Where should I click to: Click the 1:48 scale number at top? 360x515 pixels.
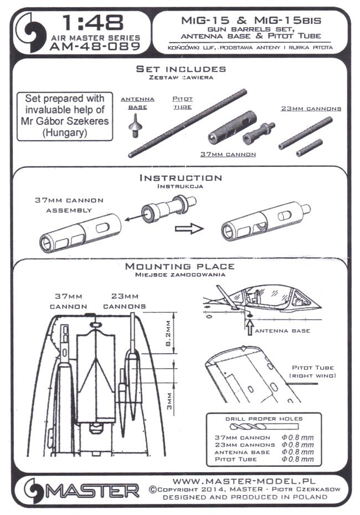[93, 23]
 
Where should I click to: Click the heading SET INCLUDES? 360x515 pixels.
[181, 69]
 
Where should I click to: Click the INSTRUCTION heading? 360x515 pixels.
[181, 178]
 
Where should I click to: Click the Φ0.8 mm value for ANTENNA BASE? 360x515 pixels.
[297, 452]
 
